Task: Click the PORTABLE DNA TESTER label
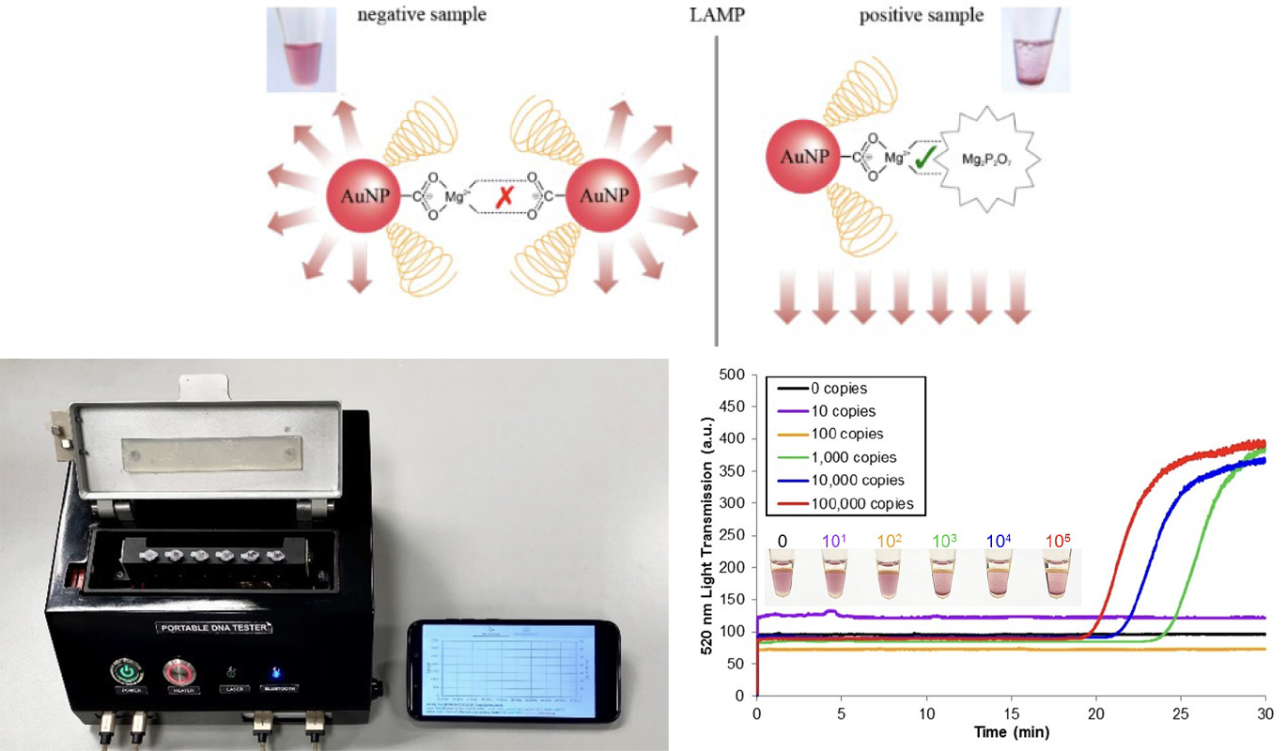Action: [209, 627]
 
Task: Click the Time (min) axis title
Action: [1011, 731]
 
